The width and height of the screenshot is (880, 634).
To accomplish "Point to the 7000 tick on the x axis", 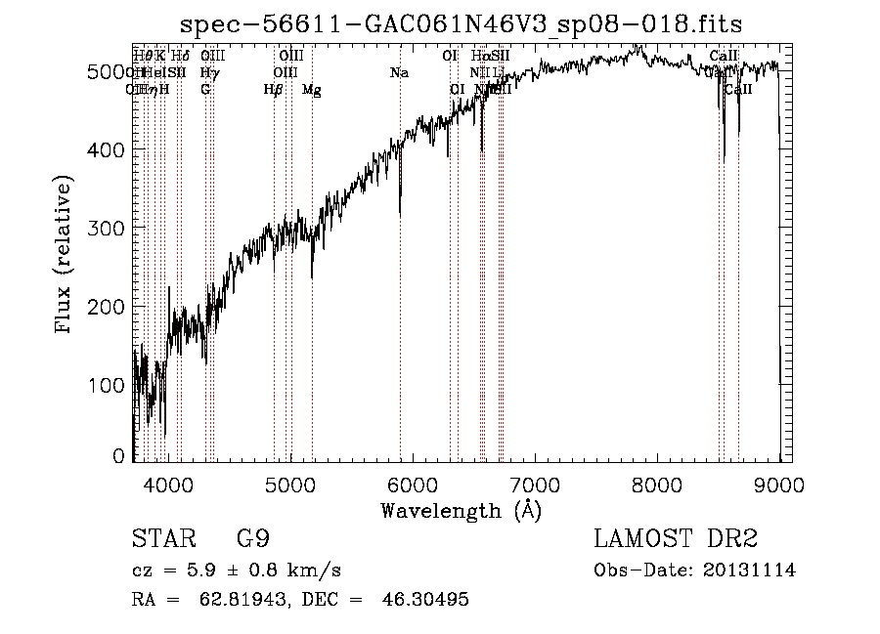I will coord(535,483).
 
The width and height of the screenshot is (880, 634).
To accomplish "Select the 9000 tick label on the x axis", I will coord(779,483).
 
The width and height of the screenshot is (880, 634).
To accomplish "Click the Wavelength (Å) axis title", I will coord(461,510).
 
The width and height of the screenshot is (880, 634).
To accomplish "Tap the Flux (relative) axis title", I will coord(66,256).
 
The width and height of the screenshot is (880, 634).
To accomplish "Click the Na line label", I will coord(399,73).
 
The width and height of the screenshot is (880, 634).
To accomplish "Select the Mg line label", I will coord(311,90).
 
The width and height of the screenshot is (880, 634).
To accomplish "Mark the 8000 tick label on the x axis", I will coord(657,483).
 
